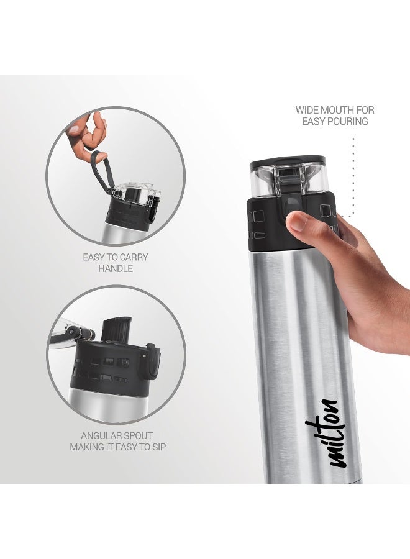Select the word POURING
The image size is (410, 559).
[x=347, y=121]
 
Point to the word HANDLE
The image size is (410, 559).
[x=116, y=268]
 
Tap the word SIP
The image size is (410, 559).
[x=158, y=447]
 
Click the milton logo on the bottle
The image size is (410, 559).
[x=332, y=432]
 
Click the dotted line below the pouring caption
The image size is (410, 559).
[x=353, y=174]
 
